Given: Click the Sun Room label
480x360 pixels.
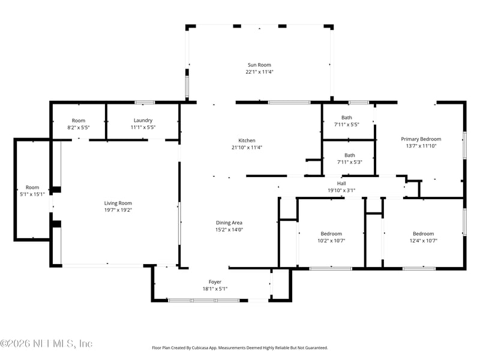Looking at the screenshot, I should pos(259,65).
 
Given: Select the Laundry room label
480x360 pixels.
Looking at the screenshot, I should pos(143,120).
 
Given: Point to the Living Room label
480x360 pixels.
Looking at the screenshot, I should pos(118,203).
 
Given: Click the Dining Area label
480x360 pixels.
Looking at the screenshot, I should pos(229,222).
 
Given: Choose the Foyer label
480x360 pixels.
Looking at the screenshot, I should pos(215,281).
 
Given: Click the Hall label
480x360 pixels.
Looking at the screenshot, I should pos(341,184).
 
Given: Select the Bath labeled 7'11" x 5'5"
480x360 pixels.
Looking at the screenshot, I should pos(347,118).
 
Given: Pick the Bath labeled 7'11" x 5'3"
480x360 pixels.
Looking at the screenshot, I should pos(349,155).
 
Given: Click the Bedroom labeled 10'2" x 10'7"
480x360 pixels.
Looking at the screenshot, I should pos(331,233).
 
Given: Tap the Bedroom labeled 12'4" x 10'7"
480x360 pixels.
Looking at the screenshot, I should pos(422,233).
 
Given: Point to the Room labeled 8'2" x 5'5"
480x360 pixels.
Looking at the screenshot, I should pos(79,120).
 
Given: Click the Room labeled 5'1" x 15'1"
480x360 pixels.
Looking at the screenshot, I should pos(32,187).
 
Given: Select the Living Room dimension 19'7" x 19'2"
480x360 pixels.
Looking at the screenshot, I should pos(118,210).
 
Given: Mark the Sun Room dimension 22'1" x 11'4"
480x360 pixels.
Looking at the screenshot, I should pos(259,72).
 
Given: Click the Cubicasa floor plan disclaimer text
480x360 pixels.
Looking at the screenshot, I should pos(240,347).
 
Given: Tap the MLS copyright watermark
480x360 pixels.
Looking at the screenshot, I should pos(46,344).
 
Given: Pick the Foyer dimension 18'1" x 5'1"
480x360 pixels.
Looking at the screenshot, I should pos(215,289).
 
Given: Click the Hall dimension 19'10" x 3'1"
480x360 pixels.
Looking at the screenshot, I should pos(341,191).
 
